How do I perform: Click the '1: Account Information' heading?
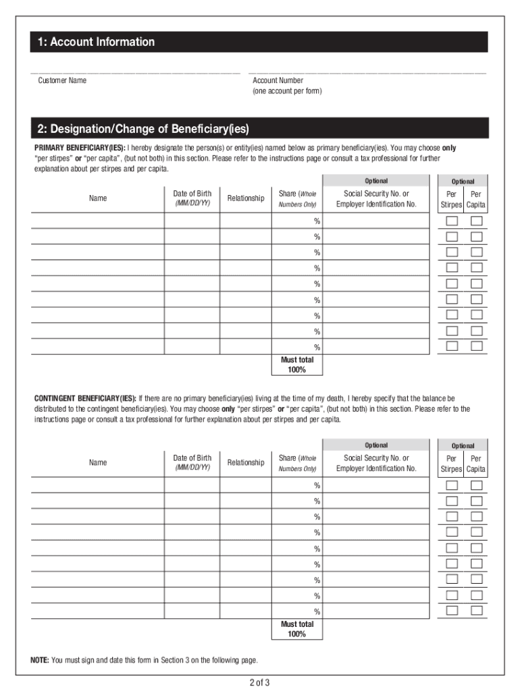pyautogui.click(x=96, y=42)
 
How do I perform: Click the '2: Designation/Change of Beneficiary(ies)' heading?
pyautogui.click(x=143, y=128)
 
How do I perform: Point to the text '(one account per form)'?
pyautogui.click(x=287, y=91)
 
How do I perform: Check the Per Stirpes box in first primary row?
pyautogui.click(x=452, y=221)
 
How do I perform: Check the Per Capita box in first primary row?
pyautogui.click(x=477, y=221)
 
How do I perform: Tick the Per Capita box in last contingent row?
pyautogui.click(x=477, y=611)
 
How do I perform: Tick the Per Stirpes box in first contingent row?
pyautogui.click(x=452, y=486)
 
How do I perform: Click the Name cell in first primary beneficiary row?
pyautogui.click(x=97, y=221)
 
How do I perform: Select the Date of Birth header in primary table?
pyautogui.click(x=192, y=198)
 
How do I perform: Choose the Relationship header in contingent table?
pyautogui.click(x=246, y=462)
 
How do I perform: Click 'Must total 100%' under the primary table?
pyautogui.click(x=297, y=365)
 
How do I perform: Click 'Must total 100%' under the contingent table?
pyautogui.click(x=297, y=630)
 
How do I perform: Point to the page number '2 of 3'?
pyautogui.click(x=259, y=682)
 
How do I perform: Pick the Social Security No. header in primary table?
pyautogui.click(x=376, y=198)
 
